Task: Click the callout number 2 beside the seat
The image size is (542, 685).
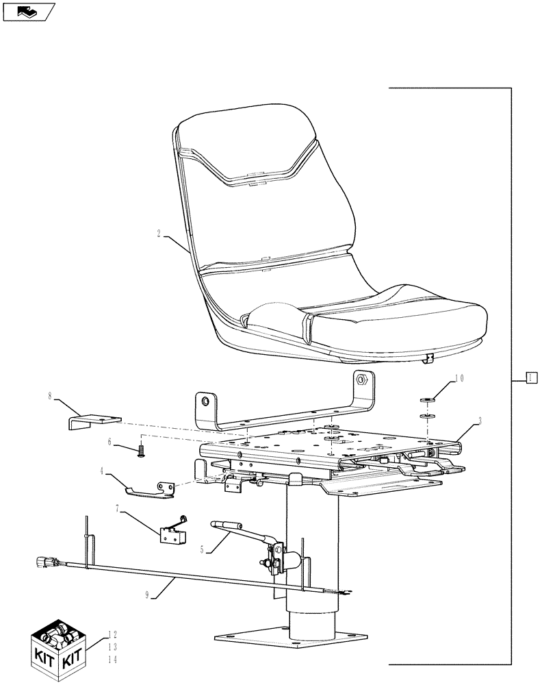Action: click(x=159, y=234)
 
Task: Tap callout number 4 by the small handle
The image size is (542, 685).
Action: click(x=102, y=471)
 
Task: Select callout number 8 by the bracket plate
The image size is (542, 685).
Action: click(x=50, y=396)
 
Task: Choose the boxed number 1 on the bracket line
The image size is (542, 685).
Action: click(x=530, y=377)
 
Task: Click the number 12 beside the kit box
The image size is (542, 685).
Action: click(x=112, y=634)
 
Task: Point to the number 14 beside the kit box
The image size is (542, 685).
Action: click(x=112, y=659)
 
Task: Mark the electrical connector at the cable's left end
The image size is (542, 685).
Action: click(x=41, y=563)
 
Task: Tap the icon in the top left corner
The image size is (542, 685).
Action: click(x=28, y=12)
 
